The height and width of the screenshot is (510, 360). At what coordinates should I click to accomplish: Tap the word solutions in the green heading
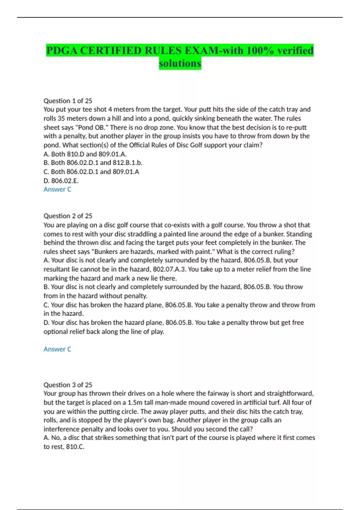(180, 64)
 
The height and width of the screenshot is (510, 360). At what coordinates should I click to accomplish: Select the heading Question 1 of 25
(68, 101)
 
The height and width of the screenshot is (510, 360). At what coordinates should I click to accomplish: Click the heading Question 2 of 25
(68, 216)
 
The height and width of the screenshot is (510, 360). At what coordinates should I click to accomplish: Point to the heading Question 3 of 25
(68, 385)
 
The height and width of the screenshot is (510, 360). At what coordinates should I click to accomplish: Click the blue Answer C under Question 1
(57, 189)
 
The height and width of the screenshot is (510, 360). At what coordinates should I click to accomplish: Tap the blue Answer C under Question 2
(57, 349)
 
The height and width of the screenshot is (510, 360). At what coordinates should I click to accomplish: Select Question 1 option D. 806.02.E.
(61, 181)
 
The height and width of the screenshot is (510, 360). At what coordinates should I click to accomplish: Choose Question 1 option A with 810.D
(85, 154)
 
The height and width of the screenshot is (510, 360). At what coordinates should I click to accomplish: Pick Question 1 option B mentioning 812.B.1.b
(93, 163)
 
